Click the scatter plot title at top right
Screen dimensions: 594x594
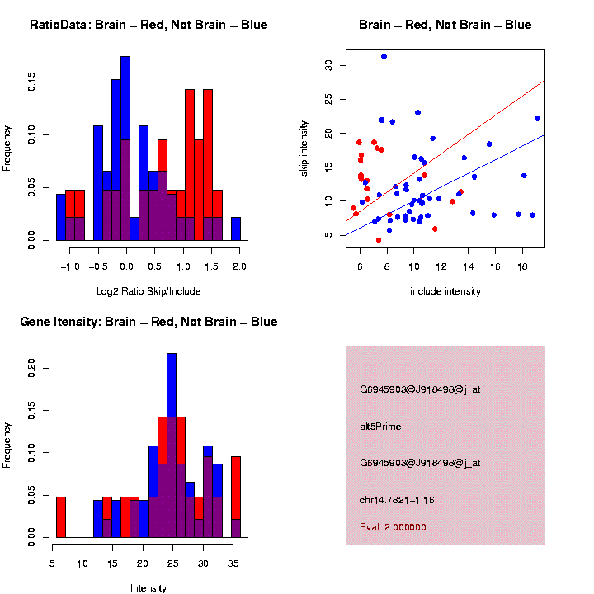(x=445, y=25)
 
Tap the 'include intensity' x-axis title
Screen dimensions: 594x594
(x=445, y=290)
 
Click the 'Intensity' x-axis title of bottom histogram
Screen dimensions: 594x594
(x=148, y=588)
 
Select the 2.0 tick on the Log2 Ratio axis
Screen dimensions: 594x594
(x=239, y=267)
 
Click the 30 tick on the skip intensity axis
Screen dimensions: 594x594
(x=329, y=65)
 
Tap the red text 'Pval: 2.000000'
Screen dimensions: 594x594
(x=393, y=527)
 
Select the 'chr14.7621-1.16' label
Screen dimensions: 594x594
(x=397, y=500)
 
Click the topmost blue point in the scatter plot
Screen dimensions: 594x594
(x=384, y=57)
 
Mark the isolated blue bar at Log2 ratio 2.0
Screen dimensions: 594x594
(x=236, y=229)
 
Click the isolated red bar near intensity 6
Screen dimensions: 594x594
(x=61, y=517)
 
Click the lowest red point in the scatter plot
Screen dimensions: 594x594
(x=379, y=240)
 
